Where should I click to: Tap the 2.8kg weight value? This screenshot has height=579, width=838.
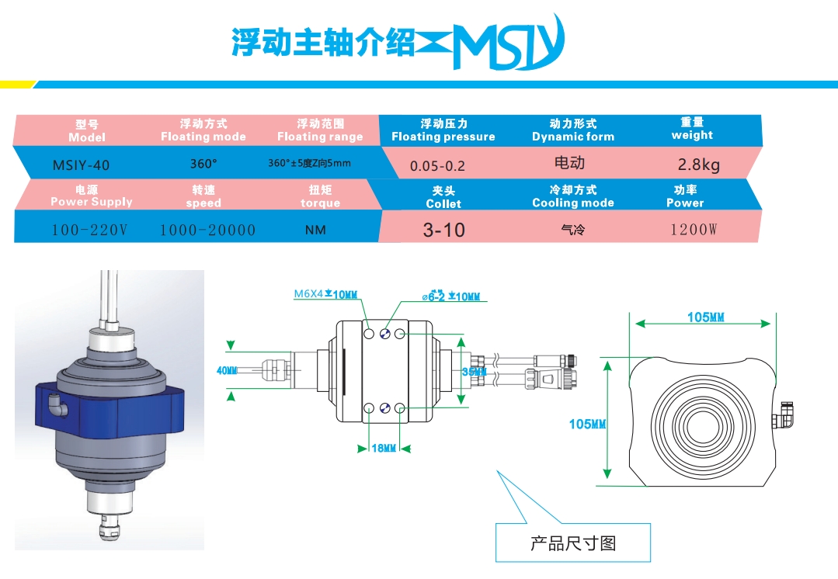point(698,165)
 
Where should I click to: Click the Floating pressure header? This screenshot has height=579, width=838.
point(443,130)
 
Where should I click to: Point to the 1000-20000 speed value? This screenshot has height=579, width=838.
point(207,231)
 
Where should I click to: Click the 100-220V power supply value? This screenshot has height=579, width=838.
point(90,231)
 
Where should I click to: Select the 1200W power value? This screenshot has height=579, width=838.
point(694,231)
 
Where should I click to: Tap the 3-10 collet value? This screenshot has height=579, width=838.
point(443,231)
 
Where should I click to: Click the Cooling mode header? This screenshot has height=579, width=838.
point(572,196)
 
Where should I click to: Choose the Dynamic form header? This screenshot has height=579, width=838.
point(572,130)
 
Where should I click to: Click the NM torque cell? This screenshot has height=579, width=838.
point(315,231)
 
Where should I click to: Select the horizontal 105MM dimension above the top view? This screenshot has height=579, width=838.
point(705,317)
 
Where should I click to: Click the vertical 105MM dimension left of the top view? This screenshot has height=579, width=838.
point(587,424)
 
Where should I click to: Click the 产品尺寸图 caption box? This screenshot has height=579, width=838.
point(572,543)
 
